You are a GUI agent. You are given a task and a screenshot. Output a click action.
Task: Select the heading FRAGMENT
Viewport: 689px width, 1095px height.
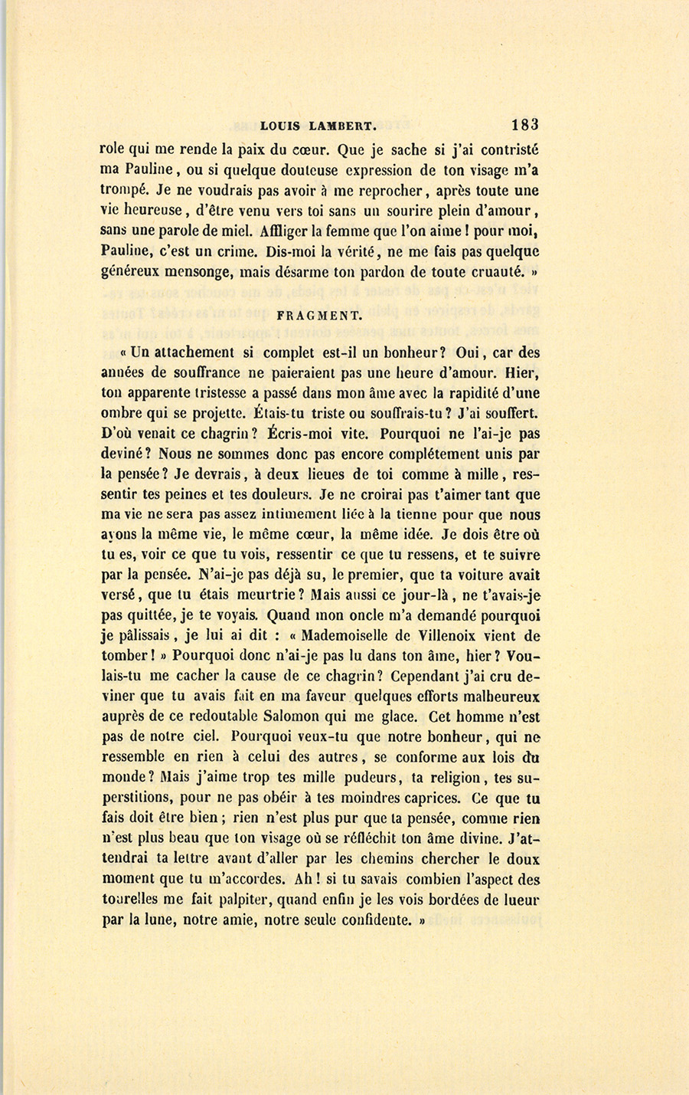click(x=319, y=315)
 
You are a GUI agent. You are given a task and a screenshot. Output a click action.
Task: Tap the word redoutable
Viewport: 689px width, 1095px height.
click(x=213, y=717)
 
